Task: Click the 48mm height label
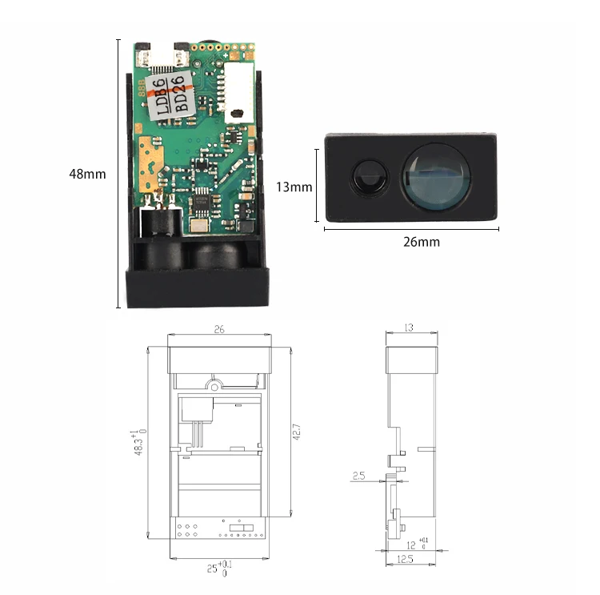point(87,173)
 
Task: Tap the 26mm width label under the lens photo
point(421,241)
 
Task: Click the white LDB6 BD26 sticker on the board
point(171,92)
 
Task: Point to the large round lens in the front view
point(435,178)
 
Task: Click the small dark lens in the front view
point(369,175)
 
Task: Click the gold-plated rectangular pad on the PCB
point(151,153)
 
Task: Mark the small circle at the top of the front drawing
point(214,385)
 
